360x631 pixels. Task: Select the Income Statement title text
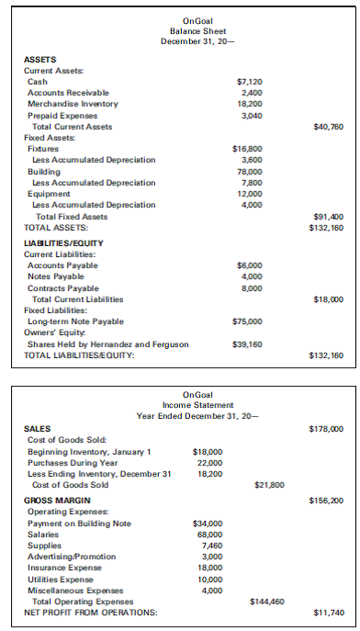179,405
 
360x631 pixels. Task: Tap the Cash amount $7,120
250,83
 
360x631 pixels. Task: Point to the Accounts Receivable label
68,93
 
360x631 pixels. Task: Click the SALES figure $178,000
327,429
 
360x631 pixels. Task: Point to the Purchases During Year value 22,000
208,462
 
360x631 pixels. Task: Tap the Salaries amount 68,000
208,534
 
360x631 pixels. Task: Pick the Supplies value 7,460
210,546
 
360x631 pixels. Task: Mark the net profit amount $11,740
328,612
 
